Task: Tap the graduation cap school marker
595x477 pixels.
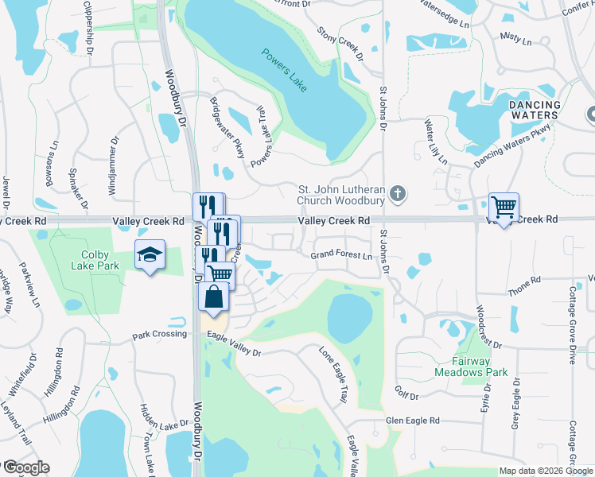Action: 150,254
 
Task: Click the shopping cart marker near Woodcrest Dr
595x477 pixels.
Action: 504,207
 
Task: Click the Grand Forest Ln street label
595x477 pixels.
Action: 341,256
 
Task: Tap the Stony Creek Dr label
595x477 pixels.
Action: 340,45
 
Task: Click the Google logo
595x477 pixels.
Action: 26,467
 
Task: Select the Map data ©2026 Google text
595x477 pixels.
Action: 545,471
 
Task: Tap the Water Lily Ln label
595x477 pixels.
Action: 435,142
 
